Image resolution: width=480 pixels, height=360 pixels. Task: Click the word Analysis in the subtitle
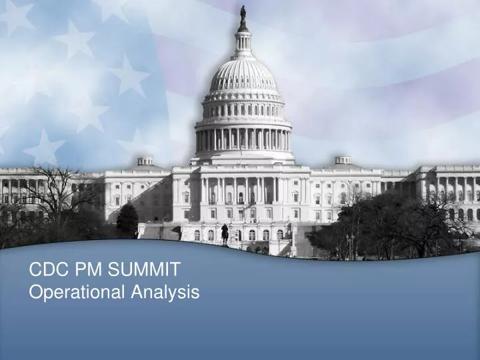point(165,291)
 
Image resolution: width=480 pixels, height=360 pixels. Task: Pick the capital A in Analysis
point(136,291)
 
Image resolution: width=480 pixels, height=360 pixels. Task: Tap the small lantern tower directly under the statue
point(243,41)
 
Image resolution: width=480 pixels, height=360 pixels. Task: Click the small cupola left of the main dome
point(145,161)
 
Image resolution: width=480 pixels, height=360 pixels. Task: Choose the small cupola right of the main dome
point(343,160)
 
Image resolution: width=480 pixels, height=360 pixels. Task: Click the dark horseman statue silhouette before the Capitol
point(225,233)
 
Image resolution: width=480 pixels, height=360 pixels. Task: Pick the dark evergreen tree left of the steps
point(127,221)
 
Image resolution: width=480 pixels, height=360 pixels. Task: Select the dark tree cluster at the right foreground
point(393,227)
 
